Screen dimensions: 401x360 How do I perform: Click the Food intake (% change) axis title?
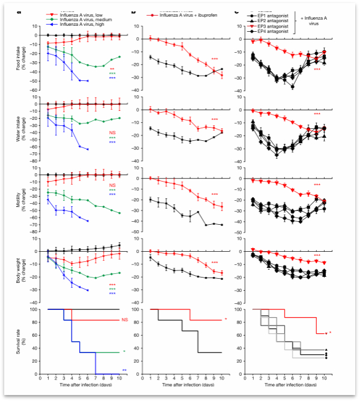(x=19, y=59)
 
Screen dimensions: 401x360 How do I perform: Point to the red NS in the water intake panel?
(x=112, y=132)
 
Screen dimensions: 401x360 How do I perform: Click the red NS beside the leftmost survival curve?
(x=125, y=321)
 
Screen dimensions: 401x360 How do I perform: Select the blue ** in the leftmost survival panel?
(x=124, y=370)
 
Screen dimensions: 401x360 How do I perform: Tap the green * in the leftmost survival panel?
(x=124, y=352)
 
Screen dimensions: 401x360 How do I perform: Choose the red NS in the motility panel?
(x=112, y=186)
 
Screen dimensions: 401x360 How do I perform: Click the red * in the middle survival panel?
(x=226, y=320)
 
